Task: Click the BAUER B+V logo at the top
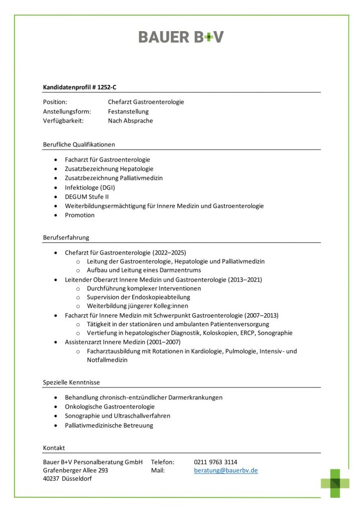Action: point(181,37)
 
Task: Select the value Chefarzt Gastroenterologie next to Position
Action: point(146,102)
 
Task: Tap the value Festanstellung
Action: point(128,111)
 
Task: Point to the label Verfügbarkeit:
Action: point(63,120)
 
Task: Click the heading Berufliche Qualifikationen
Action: point(79,145)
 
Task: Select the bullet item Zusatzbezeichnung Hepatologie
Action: point(109,169)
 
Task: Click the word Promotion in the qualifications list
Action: point(80,215)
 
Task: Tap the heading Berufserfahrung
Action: point(66,237)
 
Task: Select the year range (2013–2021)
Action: point(245,279)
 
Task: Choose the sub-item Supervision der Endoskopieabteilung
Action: point(138,297)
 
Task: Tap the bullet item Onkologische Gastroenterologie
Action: point(110,407)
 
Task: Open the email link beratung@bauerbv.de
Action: point(226,471)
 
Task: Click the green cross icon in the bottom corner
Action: point(335,483)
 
